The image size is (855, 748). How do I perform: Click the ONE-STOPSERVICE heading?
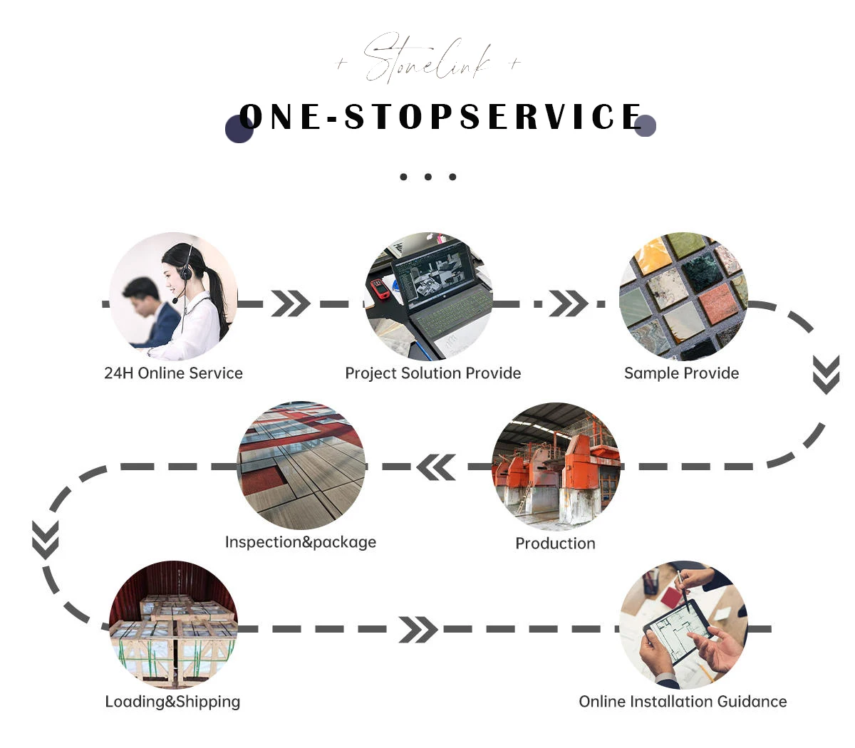coord(440,118)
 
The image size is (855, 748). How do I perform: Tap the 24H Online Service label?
coord(173,373)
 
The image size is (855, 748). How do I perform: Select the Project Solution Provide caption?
coord(432,373)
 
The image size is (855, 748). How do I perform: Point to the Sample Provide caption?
coord(681,373)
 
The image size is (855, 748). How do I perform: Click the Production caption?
coord(555,544)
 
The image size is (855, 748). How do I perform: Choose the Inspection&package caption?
coord(300,542)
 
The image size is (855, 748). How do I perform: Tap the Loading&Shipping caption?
coord(172,702)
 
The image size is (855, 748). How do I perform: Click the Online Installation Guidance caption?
coord(683,702)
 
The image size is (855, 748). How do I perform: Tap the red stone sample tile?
coord(720,303)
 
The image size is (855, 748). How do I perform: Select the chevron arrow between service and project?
coord(291,304)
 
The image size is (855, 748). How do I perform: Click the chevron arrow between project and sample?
coord(569,304)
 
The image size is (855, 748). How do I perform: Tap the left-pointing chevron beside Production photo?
coord(436,467)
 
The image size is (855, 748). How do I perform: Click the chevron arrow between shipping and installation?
coord(418,630)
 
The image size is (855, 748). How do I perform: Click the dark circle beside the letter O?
coord(239,130)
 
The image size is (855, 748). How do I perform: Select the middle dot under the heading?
coord(427,177)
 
